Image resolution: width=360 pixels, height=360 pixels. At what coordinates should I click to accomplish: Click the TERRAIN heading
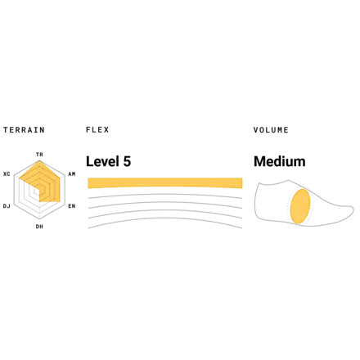point(24,130)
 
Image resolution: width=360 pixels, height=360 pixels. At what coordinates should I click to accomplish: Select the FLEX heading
point(97,129)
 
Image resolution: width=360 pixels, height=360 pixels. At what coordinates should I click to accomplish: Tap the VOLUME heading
point(271,130)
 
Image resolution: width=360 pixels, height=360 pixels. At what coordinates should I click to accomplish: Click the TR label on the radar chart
point(39,155)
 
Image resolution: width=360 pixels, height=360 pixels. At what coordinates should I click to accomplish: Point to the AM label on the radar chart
point(72,174)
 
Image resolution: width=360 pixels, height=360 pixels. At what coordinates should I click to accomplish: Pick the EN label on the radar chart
point(72,206)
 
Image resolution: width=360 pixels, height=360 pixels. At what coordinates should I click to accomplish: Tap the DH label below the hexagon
point(39,227)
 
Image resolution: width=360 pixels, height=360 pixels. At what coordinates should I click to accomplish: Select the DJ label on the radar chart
point(7,206)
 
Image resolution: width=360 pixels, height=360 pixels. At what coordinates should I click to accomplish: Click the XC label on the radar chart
point(7,174)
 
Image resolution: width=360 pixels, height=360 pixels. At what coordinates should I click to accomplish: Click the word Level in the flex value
point(103,161)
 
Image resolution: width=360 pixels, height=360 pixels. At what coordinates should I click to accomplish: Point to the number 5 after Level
point(127,161)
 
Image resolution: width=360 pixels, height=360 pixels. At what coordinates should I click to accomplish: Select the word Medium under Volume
point(280,161)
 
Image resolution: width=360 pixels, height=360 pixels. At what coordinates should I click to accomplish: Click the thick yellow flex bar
point(165,183)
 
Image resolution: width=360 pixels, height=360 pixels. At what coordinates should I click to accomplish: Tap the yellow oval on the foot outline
point(300,206)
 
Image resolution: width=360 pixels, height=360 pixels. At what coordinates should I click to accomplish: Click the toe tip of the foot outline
point(353,210)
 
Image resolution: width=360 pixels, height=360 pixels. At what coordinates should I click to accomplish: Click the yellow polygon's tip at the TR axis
point(39,160)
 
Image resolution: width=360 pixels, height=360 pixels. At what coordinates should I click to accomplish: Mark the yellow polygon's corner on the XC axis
point(20,178)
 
